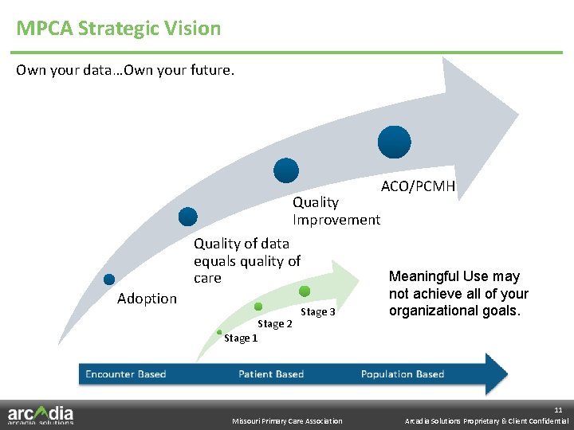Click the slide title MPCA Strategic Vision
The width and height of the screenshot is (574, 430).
119,29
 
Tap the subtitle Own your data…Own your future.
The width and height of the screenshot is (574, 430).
125,70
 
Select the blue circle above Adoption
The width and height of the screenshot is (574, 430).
109,279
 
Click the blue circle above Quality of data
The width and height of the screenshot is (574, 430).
187,216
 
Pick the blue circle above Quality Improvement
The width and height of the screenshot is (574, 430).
285,170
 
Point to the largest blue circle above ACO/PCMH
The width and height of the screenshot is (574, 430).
394,142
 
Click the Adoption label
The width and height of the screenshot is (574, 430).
147,299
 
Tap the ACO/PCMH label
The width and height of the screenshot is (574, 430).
418,186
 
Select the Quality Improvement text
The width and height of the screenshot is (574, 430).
336,211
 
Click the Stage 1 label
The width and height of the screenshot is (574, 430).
241,338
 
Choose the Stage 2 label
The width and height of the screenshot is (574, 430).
275,324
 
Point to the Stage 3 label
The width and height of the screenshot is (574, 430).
317,312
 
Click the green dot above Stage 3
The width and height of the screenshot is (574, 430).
305,291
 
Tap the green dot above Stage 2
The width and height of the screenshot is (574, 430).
258,307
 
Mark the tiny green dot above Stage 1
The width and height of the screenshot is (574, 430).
219,332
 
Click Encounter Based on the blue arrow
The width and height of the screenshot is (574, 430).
125,374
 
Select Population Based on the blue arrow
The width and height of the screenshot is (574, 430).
402,374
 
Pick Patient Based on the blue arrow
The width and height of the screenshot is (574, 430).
271,374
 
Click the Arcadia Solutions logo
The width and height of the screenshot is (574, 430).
41,415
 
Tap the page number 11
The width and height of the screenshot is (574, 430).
558,409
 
